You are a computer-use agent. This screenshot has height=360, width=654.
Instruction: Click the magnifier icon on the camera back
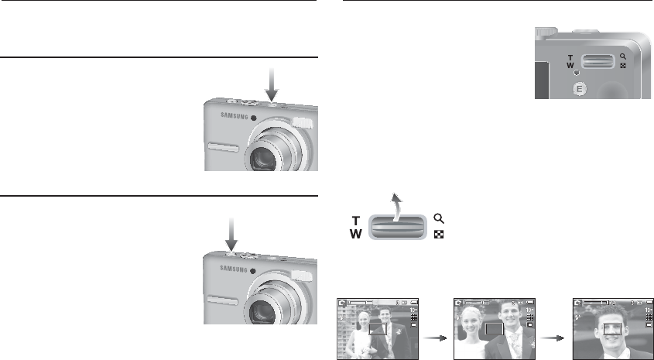tap(622, 57)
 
